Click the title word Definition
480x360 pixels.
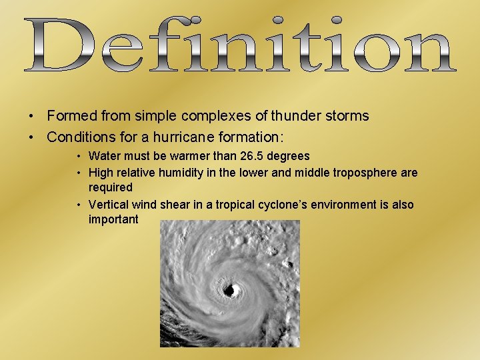tap(240, 45)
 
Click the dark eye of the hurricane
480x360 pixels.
tap(232, 290)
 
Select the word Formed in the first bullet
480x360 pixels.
tap(72, 116)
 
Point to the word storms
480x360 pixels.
tap(345, 116)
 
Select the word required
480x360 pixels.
tap(111, 187)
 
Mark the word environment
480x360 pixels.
tap(327, 205)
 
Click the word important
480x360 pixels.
tap(113, 219)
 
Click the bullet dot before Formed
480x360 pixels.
tap(31, 117)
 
